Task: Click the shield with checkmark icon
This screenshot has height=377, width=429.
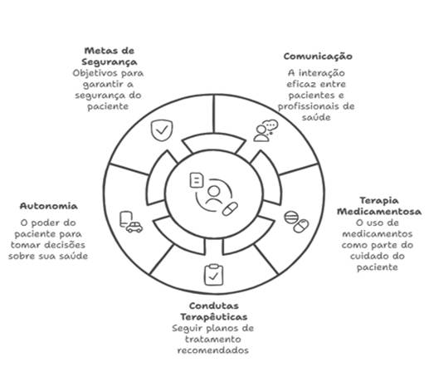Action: (162, 130)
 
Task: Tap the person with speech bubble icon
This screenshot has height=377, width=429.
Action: (266, 130)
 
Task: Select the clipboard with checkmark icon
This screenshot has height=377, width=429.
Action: (213, 275)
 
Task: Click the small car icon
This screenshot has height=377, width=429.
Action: (134, 228)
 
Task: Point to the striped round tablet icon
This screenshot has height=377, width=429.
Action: (291, 218)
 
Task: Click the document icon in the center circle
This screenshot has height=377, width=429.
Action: (197, 180)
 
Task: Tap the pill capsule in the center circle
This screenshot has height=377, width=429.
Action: (230, 209)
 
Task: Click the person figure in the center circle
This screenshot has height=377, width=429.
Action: (214, 195)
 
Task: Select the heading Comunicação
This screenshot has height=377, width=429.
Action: (318, 56)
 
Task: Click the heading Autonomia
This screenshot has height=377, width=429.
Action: (49, 206)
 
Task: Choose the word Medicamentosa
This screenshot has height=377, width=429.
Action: (379, 212)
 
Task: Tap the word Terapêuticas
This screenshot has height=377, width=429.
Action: (214, 316)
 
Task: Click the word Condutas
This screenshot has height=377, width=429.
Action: (214, 306)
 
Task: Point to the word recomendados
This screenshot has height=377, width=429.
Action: (213, 350)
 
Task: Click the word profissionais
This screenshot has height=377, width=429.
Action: (306, 106)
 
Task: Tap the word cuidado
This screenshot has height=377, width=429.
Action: (366, 256)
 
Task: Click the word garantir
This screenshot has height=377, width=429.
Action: (103, 85)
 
